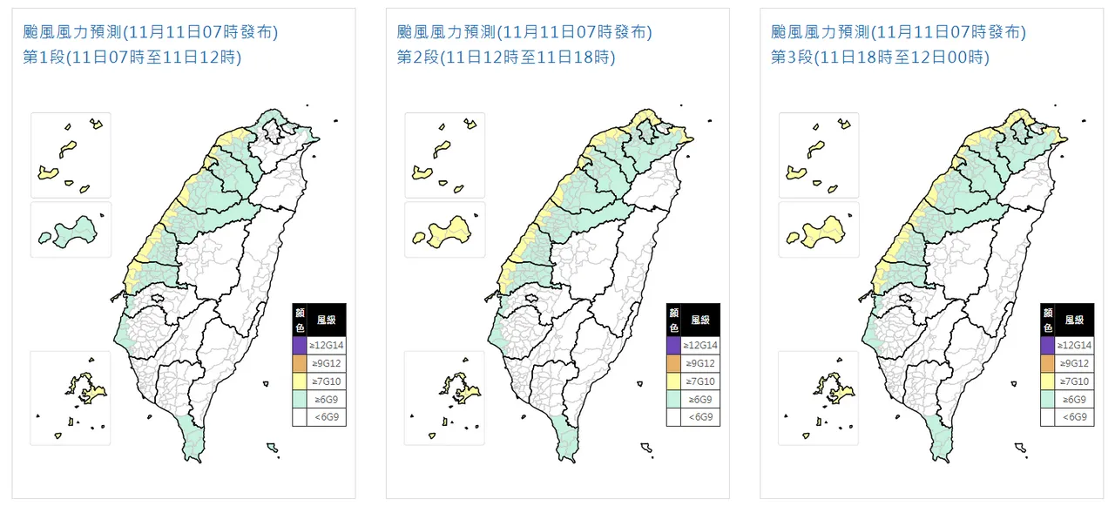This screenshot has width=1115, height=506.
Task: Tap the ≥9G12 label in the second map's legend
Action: [x=701, y=363]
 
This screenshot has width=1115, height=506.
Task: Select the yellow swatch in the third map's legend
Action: [x=1049, y=381]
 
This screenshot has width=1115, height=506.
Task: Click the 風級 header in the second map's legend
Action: [x=701, y=320]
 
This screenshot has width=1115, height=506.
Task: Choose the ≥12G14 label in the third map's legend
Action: [x=1075, y=346]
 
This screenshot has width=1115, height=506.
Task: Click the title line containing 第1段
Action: [x=132, y=58]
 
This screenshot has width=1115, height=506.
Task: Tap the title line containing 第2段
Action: [x=506, y=58]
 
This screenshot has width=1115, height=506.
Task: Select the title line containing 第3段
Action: [x=881, y=58]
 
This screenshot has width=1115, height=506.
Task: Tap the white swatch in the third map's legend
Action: [x=1049, y=417]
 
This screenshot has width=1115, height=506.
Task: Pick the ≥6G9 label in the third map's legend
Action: [x=1075, y=399]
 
